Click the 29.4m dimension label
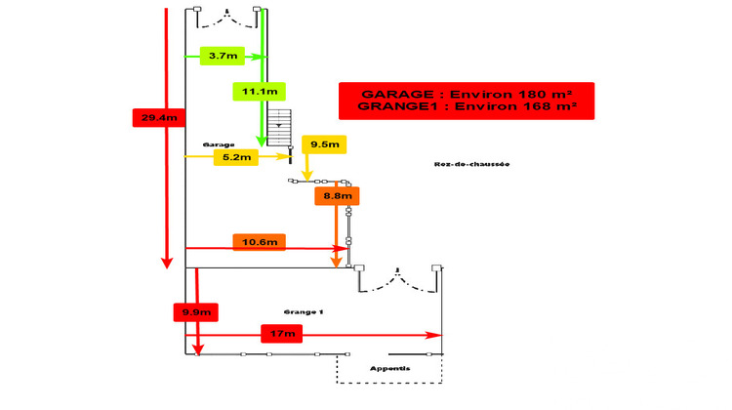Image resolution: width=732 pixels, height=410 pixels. pos(159,118)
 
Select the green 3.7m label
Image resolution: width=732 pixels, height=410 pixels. pos(223,57)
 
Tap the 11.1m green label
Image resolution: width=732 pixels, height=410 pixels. pos(258,92)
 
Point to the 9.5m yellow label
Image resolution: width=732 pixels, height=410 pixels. pos(324,144)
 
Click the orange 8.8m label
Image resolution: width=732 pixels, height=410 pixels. pos(337,195)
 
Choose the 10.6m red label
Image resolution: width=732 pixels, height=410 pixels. pos(259,242)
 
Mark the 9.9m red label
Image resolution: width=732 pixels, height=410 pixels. pos(195,312)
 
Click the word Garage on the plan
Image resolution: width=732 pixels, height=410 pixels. pos(219,143)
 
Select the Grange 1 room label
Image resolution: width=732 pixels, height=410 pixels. pos(304,311)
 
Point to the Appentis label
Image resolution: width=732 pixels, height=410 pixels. pos(389,368)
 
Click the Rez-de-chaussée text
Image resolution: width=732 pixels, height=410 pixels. pos(472,164)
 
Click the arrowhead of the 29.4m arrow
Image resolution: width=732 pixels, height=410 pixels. pos(167,262)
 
